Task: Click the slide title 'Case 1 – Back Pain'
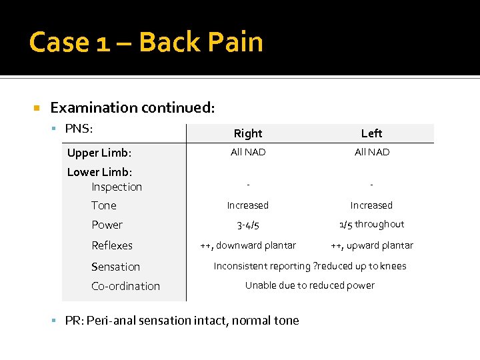pyautogui.click(x=146, y=42)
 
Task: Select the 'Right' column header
pyautogui.click(x=248, y=133)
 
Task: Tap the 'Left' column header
pyautogui.click(x=371, y=133)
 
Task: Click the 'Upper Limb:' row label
pyautogui.click(x=99, y=153)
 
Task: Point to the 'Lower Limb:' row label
pyautogui.click(x=99, y=172)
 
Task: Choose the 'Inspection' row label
pyautogui.click(x=117, y=187)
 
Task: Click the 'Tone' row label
pyautogui.click(x=104, y=205)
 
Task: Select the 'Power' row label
pyautogui.click(x=107, y=225)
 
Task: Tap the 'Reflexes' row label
pyautogui.click(x=112, y=245)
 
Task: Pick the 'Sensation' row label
pyautogui.click(x=115, y=267)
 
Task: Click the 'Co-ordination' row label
pyautogui.click(x=125, y=286)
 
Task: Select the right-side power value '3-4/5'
pyautogui.click(x=248, y=225)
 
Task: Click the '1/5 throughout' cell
pyautogui.click(x=371, y=224)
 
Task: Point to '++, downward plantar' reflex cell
pyautogui.click(x=248, y=245)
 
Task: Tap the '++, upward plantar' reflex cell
pyautogui.click(x=371, y=245)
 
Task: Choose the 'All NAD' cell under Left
pyautogui.click(x=372, y=152)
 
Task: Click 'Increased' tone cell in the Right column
pyautogui.click(x=248, y=205)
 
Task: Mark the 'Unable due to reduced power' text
pyautogui.click(x=309, y=285)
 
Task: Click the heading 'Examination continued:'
pyautogui.click(x=133, y=107)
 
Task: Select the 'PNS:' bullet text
pyautogui.click(x=79, y=128)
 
